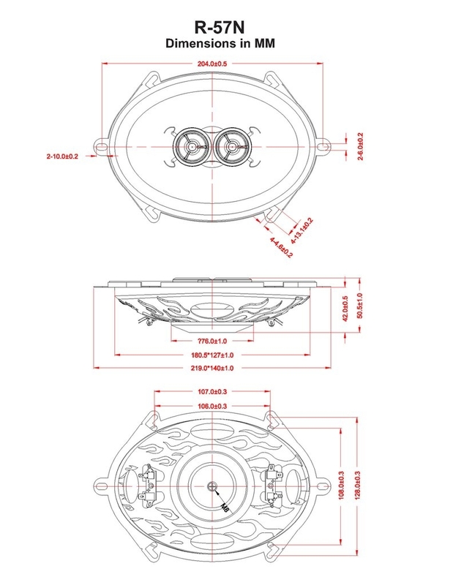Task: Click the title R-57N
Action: tap(220, 27)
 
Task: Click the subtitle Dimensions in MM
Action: tap(220, 43)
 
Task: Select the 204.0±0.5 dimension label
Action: tap(212, 64)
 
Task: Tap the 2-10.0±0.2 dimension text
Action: tap(62, 156)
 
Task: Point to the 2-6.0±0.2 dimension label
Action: tap(360, 146)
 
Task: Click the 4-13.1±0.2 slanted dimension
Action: tap(302, 231)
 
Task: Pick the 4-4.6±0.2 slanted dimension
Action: tap(281, 247)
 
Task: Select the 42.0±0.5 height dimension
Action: tap(345, 309)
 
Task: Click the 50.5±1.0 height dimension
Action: tap(359, 306)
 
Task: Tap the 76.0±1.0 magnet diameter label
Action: tap(212, 341)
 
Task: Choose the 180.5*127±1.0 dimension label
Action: tap(212, 355)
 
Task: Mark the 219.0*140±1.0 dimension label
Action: tap(212, 368)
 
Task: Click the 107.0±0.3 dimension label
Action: tap(212, 392)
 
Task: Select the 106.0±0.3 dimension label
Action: tap(212, 406)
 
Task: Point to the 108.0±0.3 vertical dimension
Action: tap(341, 486)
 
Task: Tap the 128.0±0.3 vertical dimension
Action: tap(358, 486)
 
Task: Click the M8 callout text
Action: tap(225, 507)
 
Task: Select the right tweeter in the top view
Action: tap(232, 147)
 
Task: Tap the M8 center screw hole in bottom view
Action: tap(212, 486)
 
